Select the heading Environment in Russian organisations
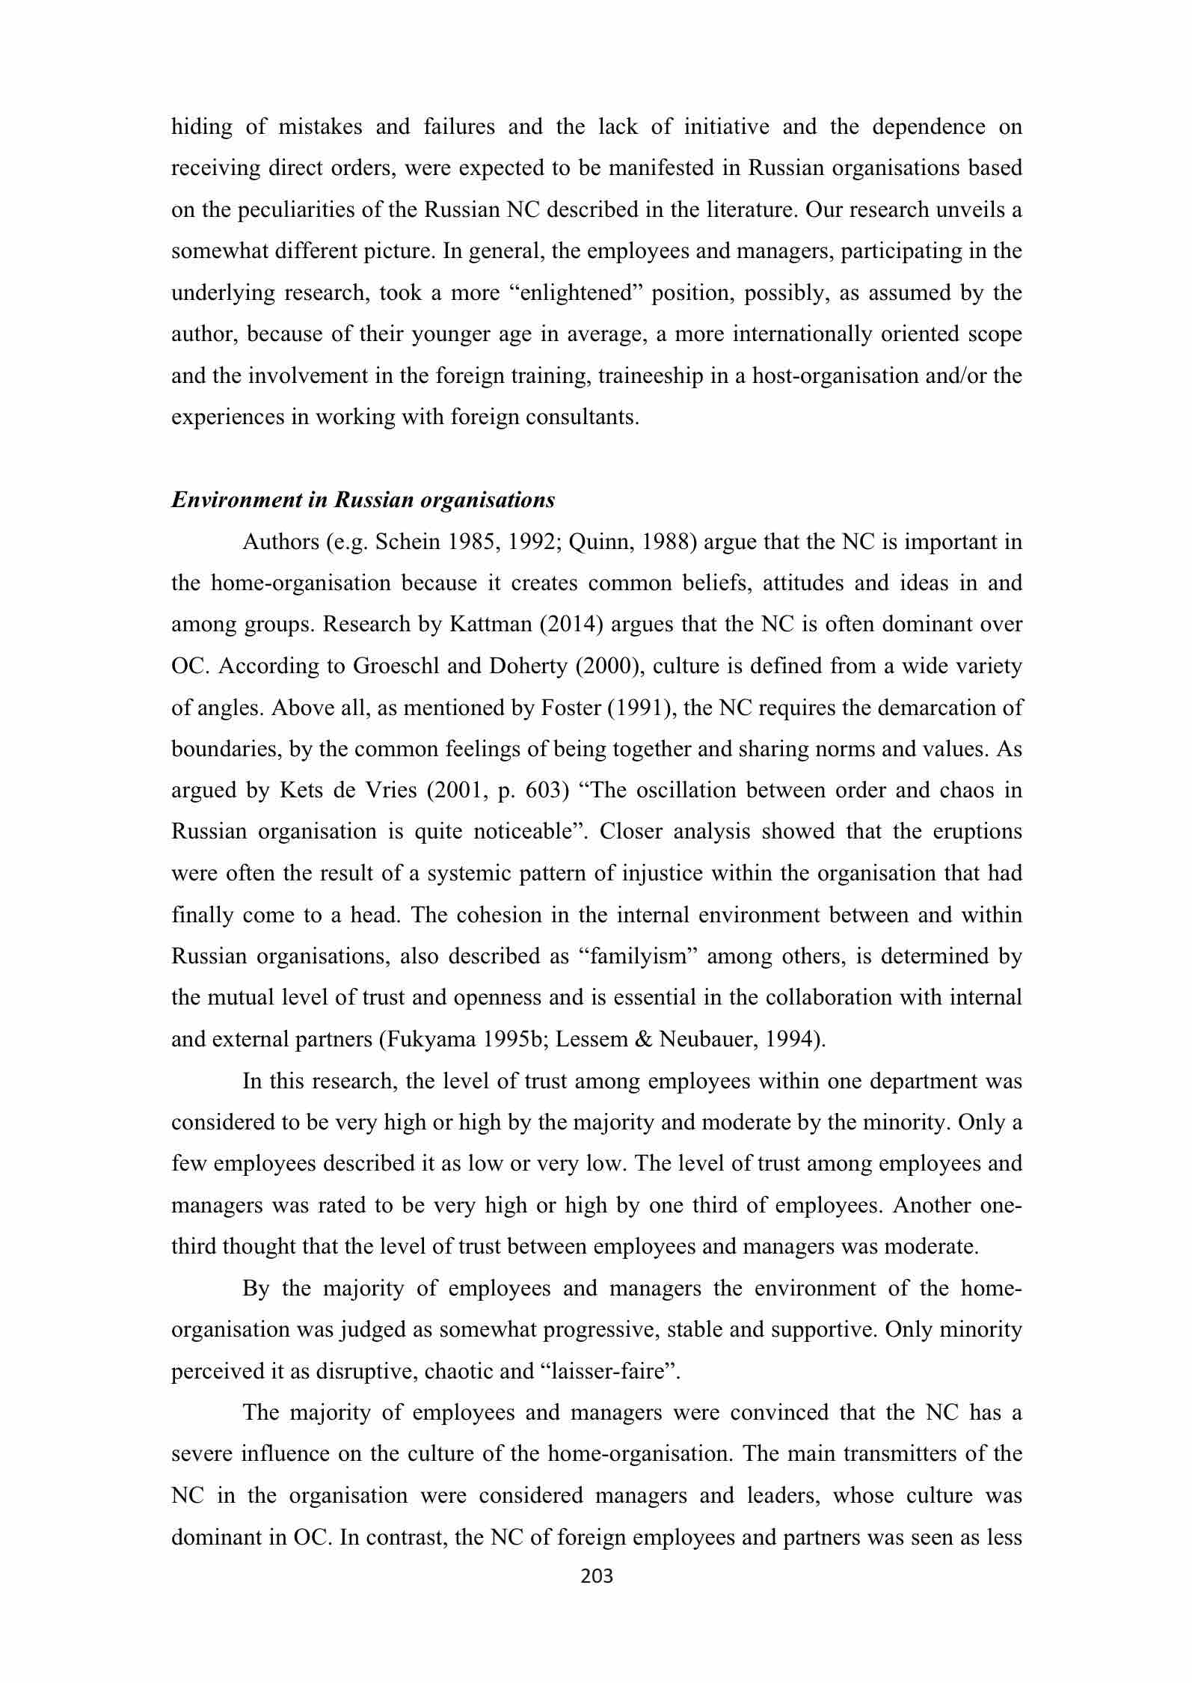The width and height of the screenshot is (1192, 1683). click(363, 500)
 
